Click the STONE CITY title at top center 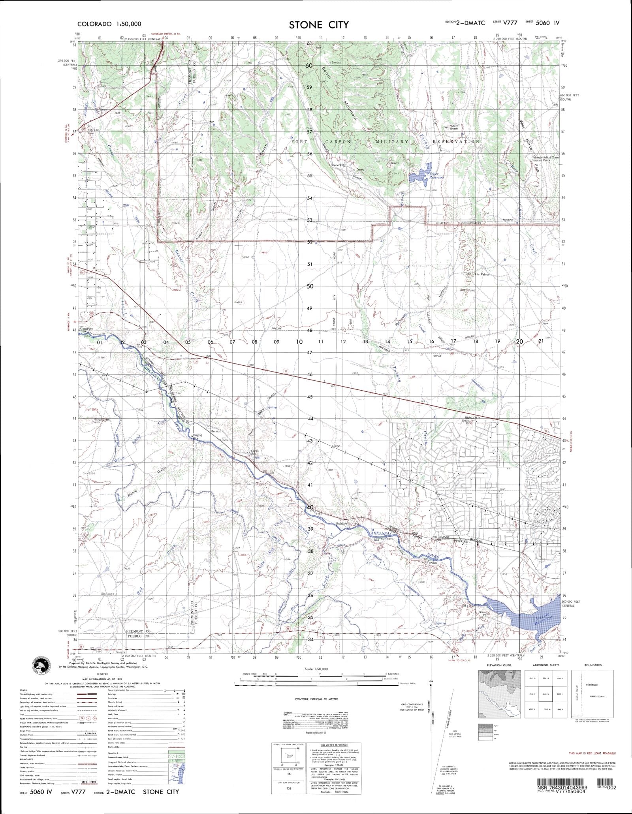click(319, 24)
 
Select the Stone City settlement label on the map click(338, 165)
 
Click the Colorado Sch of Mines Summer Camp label click(545, 159)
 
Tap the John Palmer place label click(482, 274)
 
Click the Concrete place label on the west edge click(86, 329)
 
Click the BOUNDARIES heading click(594, 665)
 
